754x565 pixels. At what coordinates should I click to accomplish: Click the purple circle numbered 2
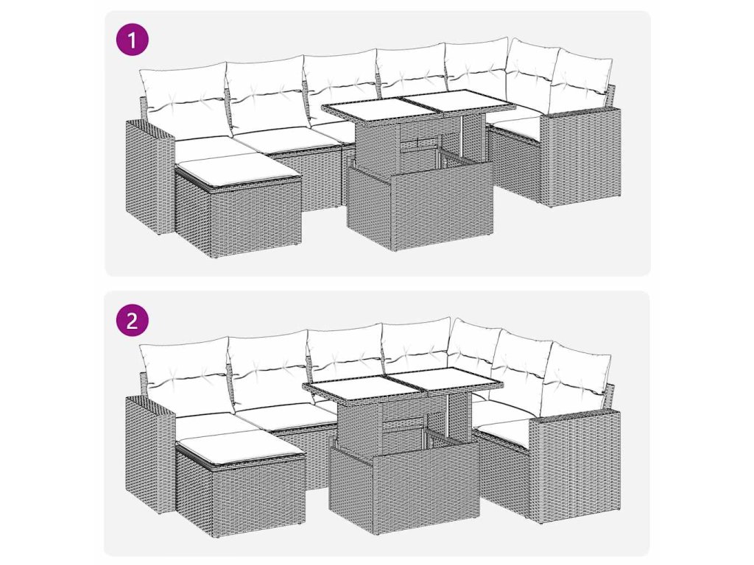(x=133, y=320)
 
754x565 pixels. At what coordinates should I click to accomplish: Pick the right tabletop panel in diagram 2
(x=447, y=379)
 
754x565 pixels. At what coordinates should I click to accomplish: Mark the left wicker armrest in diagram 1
(x=150, y=177)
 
